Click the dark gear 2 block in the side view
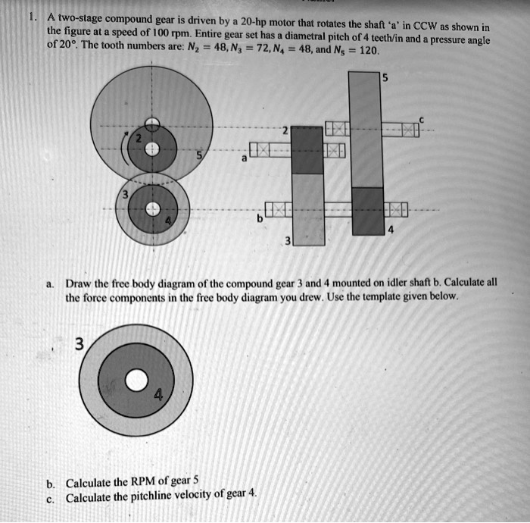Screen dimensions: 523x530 tap(307, 149)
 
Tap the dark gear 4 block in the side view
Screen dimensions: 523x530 tap(365, 211)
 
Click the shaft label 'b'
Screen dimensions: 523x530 tap(260, 219)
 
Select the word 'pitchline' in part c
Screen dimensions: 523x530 tap(160, 498)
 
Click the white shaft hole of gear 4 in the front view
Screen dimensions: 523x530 tap(153, 209)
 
